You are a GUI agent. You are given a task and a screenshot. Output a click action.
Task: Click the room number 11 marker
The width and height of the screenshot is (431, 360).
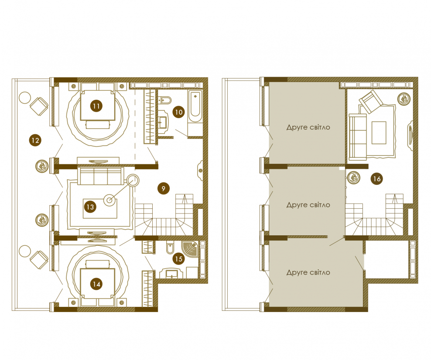point(96,106)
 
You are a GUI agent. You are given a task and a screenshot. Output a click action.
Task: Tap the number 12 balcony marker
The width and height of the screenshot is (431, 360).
point(35,140)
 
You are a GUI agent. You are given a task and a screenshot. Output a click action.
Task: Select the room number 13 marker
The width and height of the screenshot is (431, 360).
point(90,207)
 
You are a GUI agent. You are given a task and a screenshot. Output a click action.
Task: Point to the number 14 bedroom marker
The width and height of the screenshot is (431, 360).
point(96,284)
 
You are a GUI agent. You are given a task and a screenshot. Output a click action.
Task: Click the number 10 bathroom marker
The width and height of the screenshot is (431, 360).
point(179,112)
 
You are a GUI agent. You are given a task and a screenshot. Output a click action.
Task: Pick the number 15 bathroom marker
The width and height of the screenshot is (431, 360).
point(179,259)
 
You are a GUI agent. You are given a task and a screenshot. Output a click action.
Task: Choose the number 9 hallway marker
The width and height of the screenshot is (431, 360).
point(164,188)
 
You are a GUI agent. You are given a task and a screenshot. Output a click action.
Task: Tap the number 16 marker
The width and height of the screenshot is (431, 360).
point(377,179)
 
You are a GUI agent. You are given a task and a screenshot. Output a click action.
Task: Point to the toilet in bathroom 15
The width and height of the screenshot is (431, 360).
point(170,248)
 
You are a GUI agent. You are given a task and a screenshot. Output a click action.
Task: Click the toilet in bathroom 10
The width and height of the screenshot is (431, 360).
point(165,101)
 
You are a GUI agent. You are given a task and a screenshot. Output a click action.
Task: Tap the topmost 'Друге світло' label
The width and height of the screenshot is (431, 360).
point(308,127)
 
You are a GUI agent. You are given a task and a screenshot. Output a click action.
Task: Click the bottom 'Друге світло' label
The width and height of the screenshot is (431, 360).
point(308,272)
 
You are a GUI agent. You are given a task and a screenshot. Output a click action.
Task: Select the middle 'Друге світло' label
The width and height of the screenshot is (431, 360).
point(308,205)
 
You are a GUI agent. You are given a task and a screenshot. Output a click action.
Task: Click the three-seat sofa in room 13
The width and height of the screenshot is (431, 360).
point(99,176)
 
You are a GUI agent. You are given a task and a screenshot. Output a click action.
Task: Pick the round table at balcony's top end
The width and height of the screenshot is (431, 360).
point(24,98)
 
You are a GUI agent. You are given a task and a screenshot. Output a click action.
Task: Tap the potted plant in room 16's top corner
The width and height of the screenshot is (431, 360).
point(404,99)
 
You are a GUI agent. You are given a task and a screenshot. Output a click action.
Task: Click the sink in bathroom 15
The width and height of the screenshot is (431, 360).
point(172,273)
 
